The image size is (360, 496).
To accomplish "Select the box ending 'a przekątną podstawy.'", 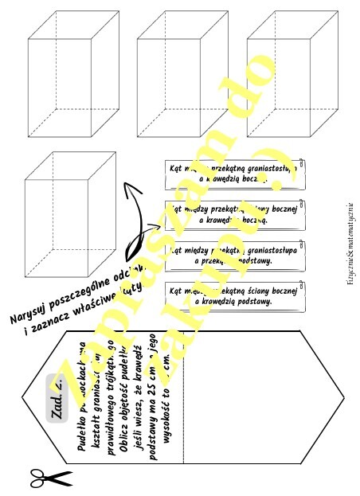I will point(234,254).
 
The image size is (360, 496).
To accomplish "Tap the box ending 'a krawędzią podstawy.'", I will point(234,296).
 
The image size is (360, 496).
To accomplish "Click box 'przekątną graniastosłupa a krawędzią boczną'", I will point(234,174).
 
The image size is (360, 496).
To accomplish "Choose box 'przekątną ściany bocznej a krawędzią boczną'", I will point(234,213).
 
